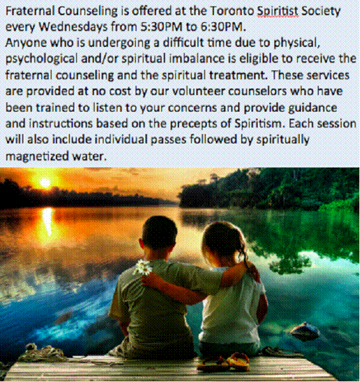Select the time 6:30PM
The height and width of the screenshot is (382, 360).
[222, 27]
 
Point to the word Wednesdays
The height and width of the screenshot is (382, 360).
[73, 27]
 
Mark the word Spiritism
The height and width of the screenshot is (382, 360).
[259, 124]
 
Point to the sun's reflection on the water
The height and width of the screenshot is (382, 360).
[47, 222]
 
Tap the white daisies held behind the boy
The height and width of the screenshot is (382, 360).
[143, 267]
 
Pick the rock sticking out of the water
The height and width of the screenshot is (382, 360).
[305, 329]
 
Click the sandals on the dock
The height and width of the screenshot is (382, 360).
[223, 362]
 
